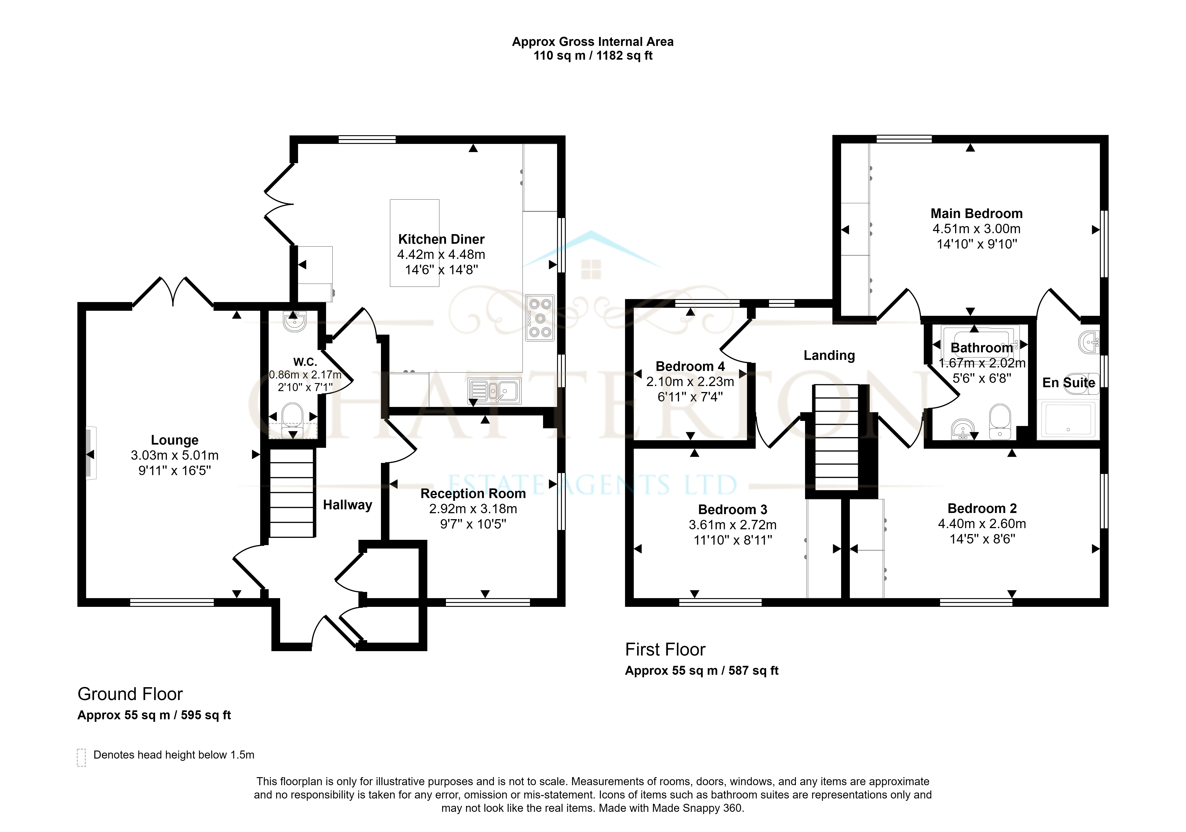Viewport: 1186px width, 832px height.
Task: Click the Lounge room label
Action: click(x=175, y=440)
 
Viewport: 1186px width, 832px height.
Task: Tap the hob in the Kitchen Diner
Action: click(x=540, y=318)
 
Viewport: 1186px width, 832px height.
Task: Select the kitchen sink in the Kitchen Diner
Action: click(x=494, y=390)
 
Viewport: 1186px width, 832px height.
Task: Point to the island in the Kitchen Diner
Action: click(x=414, y=243)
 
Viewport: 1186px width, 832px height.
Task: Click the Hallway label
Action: click(x=348, y=504)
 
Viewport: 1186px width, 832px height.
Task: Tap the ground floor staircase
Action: click(x=292, y=493)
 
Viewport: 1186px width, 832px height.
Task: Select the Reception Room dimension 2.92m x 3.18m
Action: click(x=473, y=509)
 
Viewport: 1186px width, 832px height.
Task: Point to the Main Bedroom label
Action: click(x=976, y=213)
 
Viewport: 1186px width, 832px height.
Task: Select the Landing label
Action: click(x=829, y=355)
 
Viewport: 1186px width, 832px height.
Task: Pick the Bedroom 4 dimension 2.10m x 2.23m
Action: click(x=690, y=382)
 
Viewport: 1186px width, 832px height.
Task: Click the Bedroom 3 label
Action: click(x=732, y=510)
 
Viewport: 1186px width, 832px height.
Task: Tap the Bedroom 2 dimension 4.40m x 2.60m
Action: click(x=982, y=524)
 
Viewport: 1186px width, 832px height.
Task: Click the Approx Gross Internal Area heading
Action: click(x=592, y=42)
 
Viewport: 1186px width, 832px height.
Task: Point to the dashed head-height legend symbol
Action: click(x=81, y=758)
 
